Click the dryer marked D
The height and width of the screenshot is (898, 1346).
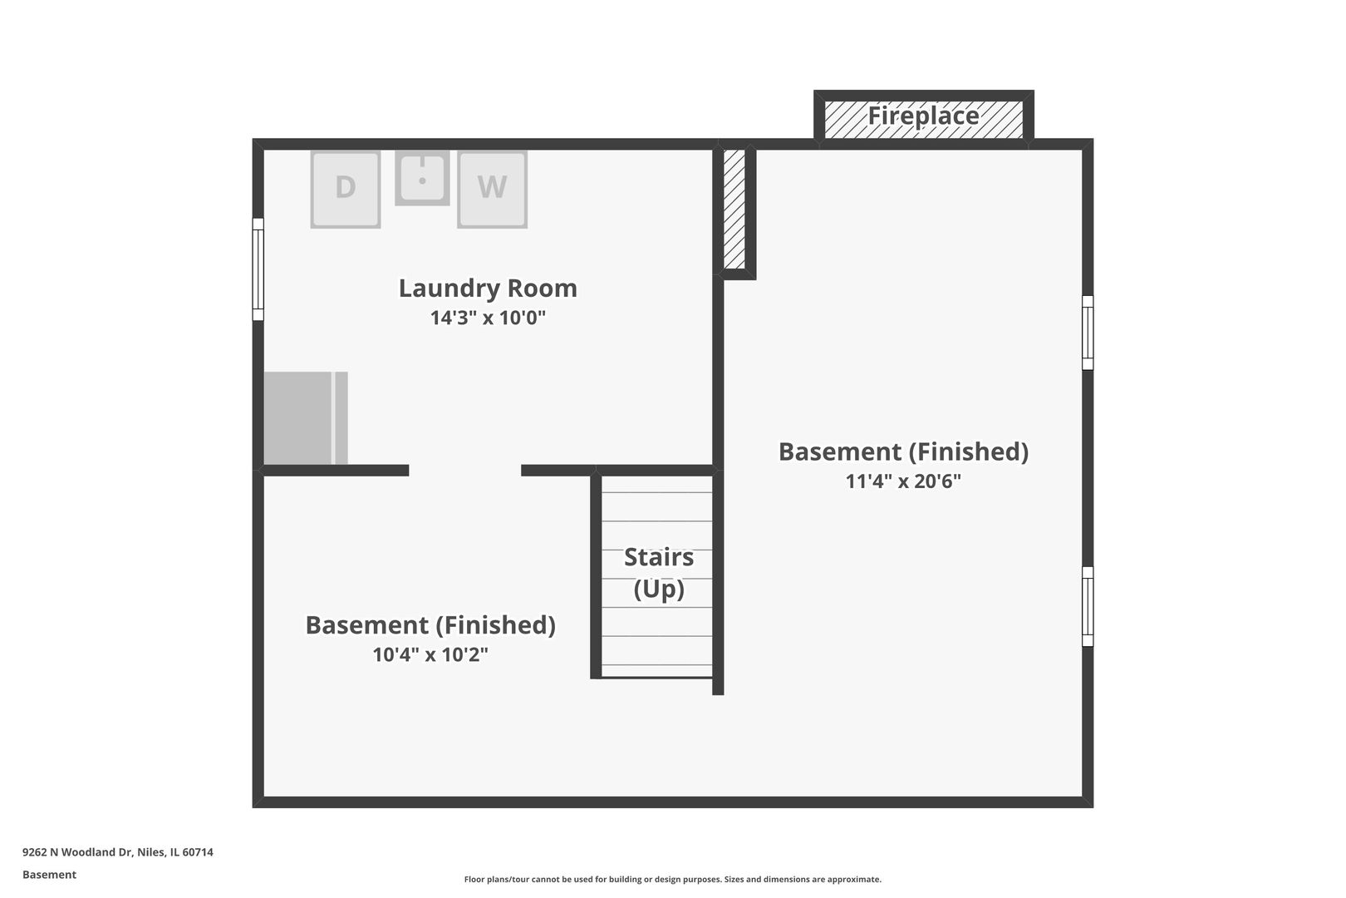(x=346, y=190)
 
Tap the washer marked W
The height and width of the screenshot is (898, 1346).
(x=492, y=190)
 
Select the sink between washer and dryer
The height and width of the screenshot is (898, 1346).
(x=422, y=178)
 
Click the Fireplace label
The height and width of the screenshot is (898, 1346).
(x=924, y=116)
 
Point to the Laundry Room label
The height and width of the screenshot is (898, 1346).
(x=488, y=288)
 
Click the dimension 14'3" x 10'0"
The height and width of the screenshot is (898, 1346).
(x=488, y=318)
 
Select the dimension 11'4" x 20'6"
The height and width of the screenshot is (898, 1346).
(x=903, y=481)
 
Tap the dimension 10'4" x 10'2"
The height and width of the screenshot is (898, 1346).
(x=430, y=654)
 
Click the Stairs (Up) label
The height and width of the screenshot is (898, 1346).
(x=659, y=573)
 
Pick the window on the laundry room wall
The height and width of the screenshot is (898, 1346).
(x=258, y=269)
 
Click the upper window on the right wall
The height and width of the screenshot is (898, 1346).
(x=1088, y=333)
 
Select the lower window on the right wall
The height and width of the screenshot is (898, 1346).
(x=1088, y=606)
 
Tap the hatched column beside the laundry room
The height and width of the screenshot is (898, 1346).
(x=734, y=210)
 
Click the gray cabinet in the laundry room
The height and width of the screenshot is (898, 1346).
(x=306, y=418)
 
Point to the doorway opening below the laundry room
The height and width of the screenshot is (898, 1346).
(x=465, y=471)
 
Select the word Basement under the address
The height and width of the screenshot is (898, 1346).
(x=49, y=875)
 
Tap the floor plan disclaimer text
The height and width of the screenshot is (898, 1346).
(x=672, y=880)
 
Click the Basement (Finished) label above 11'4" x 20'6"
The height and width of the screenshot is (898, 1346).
(x=903, y=451)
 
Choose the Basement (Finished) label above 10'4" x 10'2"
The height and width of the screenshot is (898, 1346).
(x=430, y=625)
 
